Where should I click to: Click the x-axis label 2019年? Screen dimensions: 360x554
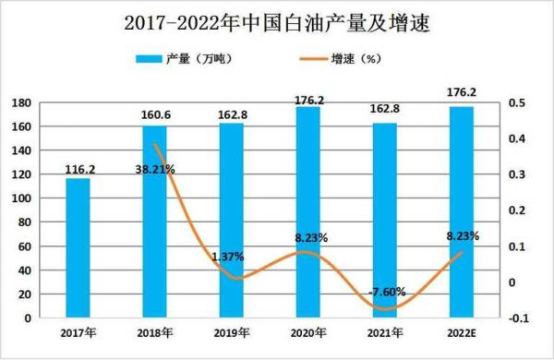click(x=232, y=333)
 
